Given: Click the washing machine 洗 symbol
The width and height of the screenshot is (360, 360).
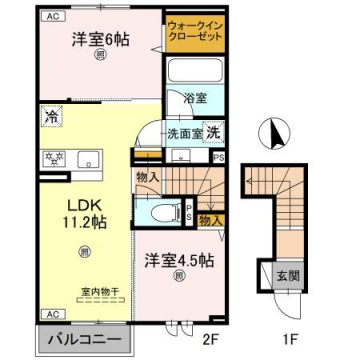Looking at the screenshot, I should click(x=213, y=134).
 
